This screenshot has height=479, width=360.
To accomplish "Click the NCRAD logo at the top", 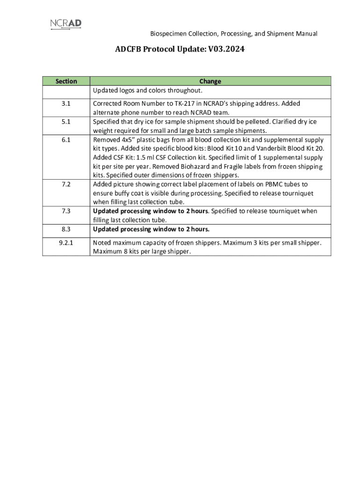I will (x=69, y=24).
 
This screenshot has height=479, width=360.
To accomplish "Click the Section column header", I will (x=66, y=81).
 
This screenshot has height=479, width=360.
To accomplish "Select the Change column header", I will (x=210, y=81).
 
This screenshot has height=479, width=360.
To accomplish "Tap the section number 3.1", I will (x=66, y=104).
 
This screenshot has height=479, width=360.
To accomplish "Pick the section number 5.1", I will (x=66, y=122).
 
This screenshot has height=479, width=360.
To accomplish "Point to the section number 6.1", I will (x=66, y=140).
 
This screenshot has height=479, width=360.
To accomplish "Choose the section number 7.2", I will (x=66, y=185).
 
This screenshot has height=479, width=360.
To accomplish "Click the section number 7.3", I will (x=66, y=211).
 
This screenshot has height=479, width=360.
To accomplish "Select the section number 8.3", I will (x=66, y=229).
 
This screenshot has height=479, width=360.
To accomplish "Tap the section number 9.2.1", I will (x=66, y=243).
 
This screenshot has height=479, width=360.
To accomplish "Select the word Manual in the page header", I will (x=307, y=34).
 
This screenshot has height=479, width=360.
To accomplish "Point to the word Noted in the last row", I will (x=102, y=243).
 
